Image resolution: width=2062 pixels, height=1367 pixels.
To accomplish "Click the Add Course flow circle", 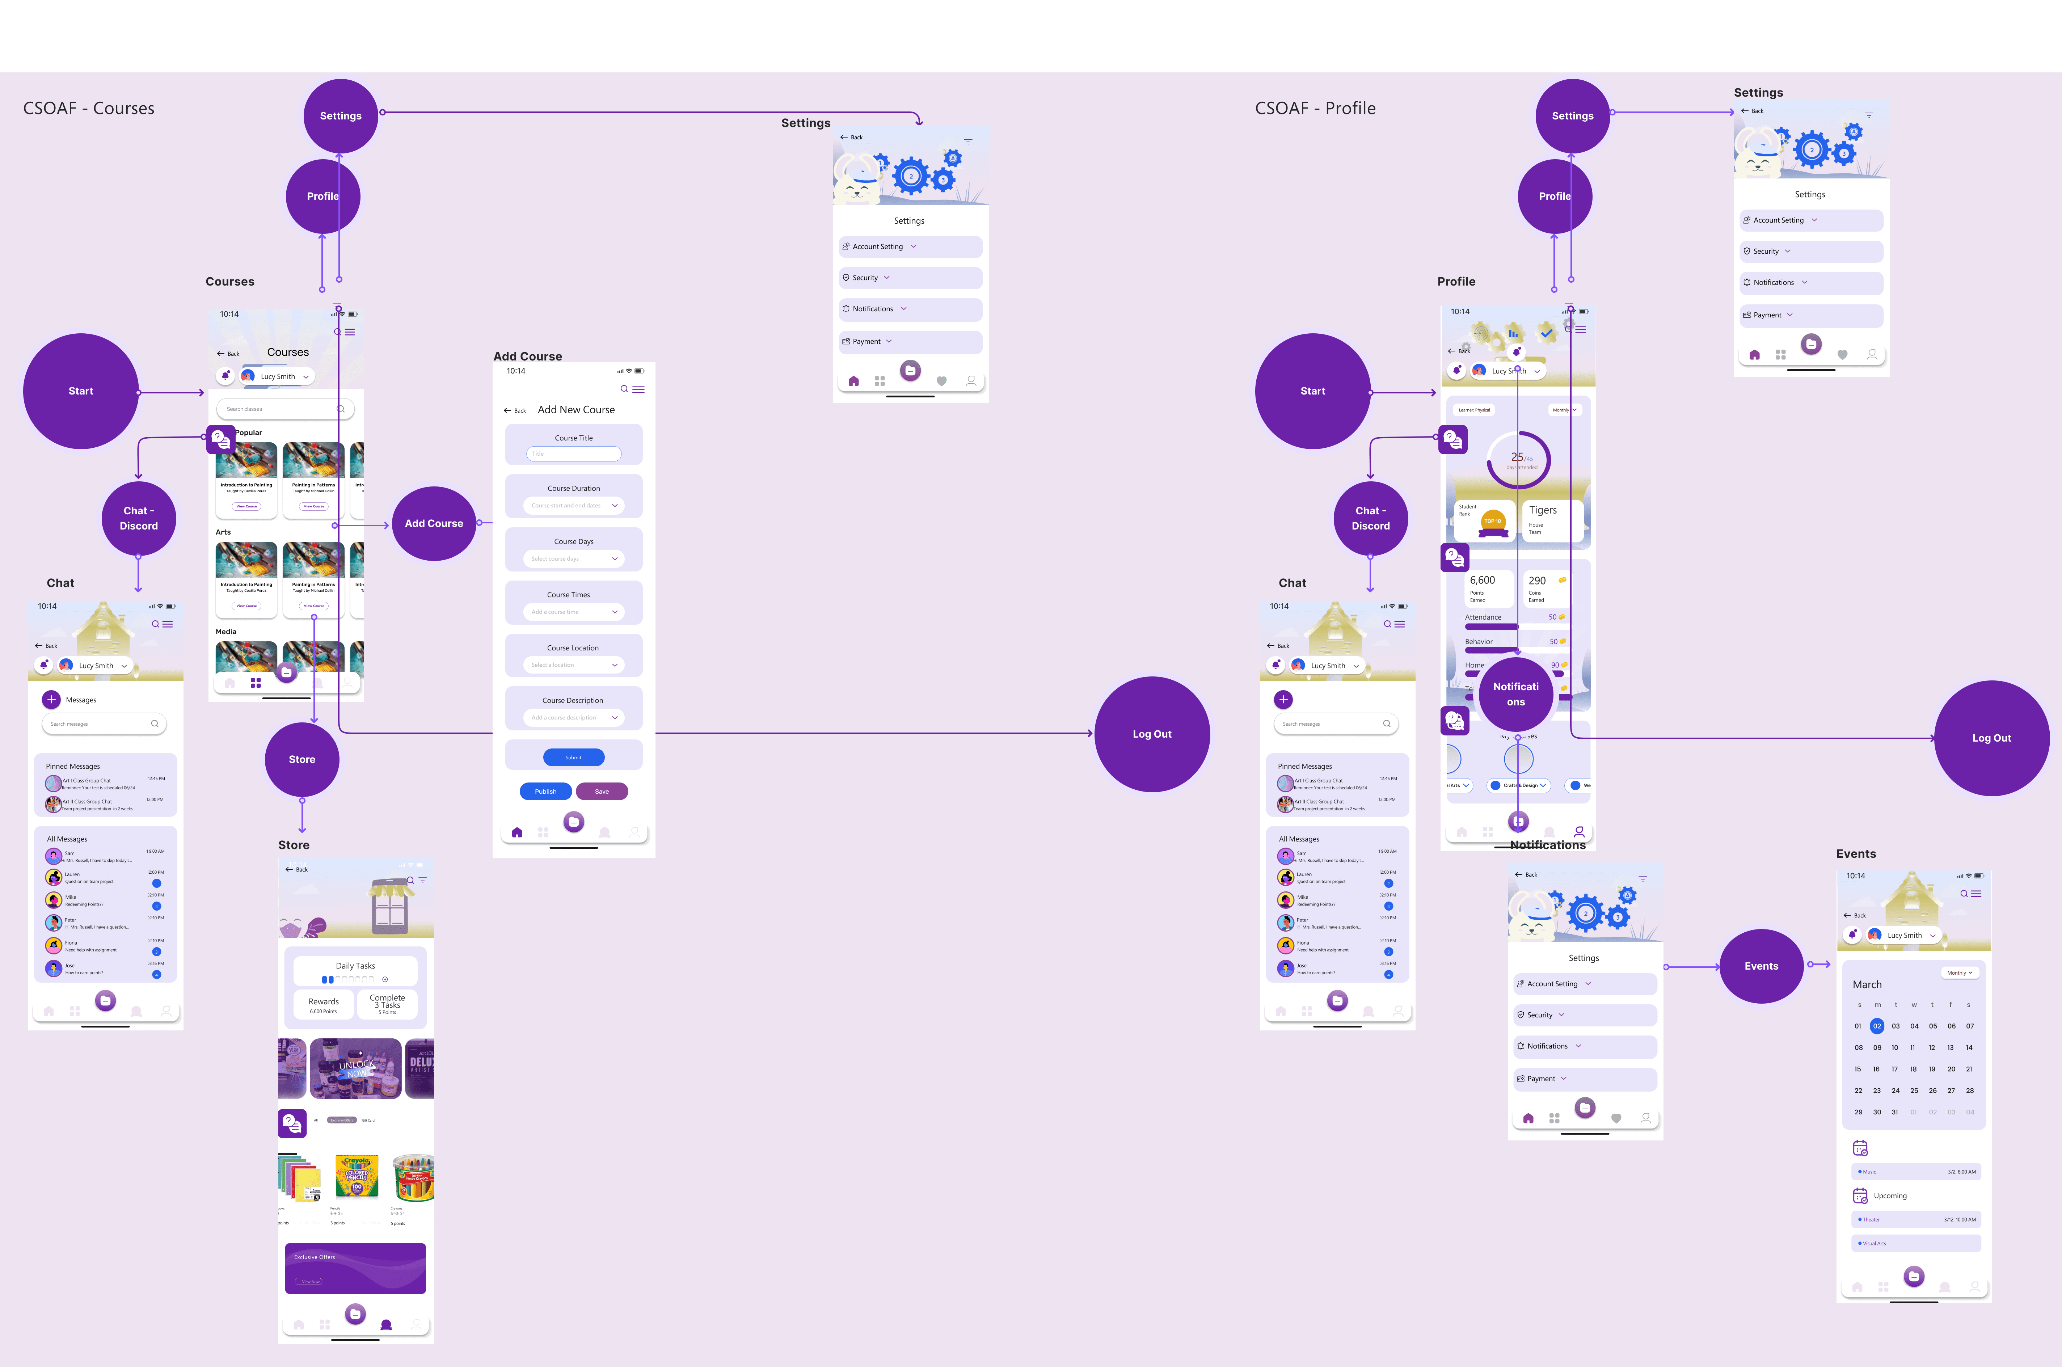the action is point(433,523).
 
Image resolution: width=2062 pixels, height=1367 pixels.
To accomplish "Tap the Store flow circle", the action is point(302,759).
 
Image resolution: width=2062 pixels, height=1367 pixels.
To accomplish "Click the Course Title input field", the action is point(574,453).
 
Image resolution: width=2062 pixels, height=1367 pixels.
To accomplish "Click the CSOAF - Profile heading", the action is point(1315,108).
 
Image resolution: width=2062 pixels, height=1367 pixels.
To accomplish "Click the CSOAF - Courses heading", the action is point(88,108).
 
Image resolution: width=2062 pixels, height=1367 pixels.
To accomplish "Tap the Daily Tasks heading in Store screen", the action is point(355,966).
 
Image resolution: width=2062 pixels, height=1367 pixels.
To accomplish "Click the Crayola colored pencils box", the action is point(357,1177).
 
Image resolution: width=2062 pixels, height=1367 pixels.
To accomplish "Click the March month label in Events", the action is point(1867,984).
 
